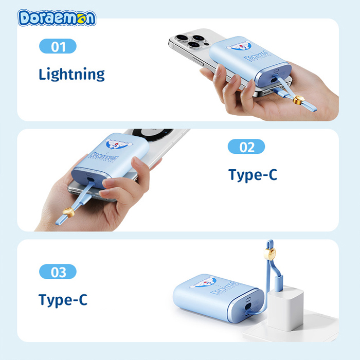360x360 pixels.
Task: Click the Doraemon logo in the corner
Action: (57, 17)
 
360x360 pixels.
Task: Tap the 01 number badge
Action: (58, 47)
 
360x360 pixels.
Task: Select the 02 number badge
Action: (246, 147)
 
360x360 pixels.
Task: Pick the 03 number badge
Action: (58, 272)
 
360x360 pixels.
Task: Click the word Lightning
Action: (71, 74)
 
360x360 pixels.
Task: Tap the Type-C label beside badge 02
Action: (253, 174)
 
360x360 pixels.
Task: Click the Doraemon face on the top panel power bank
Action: (240, 47)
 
